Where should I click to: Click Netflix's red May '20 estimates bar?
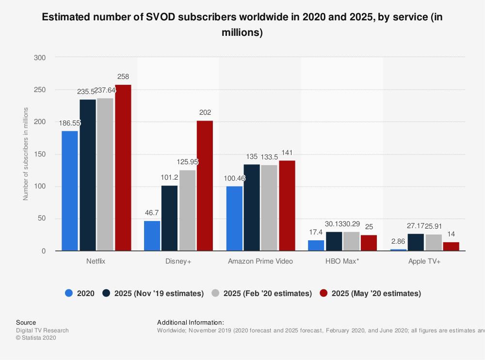[x=123, y=168]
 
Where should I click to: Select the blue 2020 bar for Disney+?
[x=152, y=236]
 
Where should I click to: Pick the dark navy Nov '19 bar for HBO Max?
[x=334, y=241]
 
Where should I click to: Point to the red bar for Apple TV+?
[x=451, y=247]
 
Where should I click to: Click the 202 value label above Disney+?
[x=205, y=112]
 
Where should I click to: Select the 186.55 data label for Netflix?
[x=70, y=123]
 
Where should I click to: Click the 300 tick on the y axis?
[x=40, y=58]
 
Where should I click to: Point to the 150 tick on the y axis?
[x=40, y=155]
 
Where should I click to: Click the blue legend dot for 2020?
[x=68, y=293]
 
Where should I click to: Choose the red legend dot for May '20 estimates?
[x=323, y=293]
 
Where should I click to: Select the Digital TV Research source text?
[x=42, y=330]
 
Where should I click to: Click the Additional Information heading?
[x=191, y=322]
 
